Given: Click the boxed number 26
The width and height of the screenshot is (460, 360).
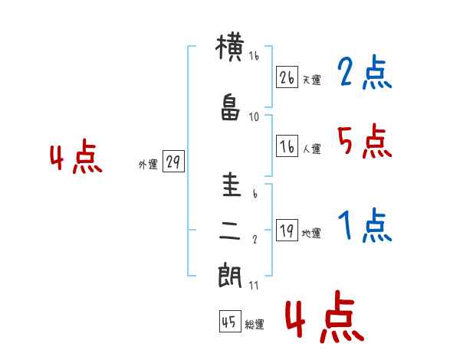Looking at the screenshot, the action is pyautogui.click(x=287, y=77).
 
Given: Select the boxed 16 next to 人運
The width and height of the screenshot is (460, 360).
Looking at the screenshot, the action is pyautogui.click(x=287, y=146).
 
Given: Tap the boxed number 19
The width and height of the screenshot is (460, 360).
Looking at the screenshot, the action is pyautogui.click(x=287, y=231).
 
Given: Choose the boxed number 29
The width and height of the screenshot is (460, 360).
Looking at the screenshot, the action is pyautogui.click(x=173, y=163).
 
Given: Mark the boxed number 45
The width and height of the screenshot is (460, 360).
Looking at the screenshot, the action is pyautogui.click(x=229, y=322).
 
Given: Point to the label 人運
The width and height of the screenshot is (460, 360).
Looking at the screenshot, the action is pyautogui.click(x=311, y=149).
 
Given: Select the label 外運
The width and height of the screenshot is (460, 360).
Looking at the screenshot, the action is pyautogui.click(x=148, y=165).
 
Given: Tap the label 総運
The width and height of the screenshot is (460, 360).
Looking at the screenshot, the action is pyautogui.click(x=255, y=325).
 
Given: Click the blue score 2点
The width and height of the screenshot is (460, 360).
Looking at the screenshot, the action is pyautogui.click(x=364, y=74).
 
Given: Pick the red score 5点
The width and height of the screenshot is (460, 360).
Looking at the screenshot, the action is pyautogui.click(x=364, y=141).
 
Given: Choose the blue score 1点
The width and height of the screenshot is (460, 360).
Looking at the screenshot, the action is pyautogui.click(x=364, y=227).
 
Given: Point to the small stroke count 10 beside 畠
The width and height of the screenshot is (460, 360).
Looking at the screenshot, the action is pyautogui.click(x=254, y=116).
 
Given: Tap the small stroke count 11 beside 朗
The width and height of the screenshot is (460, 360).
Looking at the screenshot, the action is pyautogui.click(x=254, y=285).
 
